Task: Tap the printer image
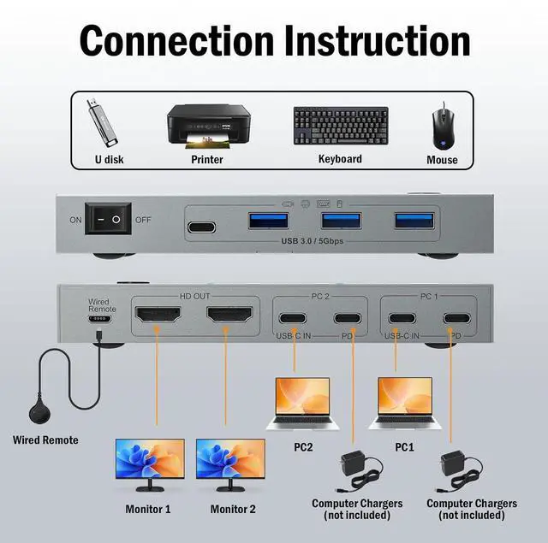click(x=207, y=126)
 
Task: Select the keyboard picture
click(x=341, y=126)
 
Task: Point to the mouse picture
click(x=442, y=126)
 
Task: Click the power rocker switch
click(x=108, y=220)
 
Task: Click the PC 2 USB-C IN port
click(x=294, y=320)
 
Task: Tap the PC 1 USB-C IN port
click(x=402, y=320)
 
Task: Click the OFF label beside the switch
click(x=143, y=220)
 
